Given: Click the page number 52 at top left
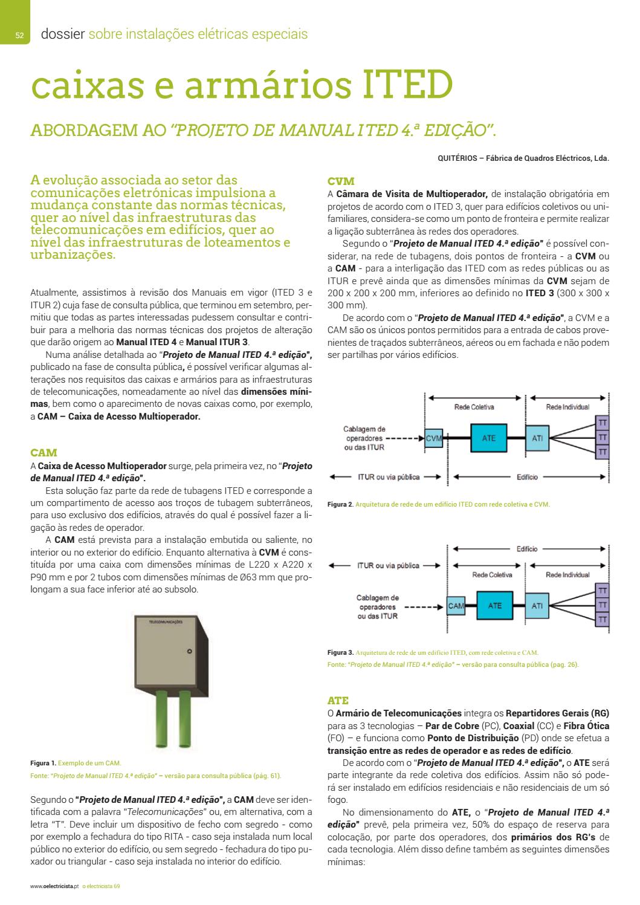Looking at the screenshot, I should pos(19,36).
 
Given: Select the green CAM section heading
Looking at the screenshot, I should pos(44,452).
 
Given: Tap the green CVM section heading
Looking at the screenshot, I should pos(341,181).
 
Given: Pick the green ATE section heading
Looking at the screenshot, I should pos(338,701).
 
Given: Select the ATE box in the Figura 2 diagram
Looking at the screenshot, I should pos(488,438).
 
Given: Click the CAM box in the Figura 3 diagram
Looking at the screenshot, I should pos(456,605).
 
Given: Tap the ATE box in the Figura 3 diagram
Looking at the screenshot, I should pos(494,605).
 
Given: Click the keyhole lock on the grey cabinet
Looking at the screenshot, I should pos(189,651).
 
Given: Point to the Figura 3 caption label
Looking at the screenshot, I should pos(340,652).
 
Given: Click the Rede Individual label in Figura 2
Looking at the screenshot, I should pos(567,407).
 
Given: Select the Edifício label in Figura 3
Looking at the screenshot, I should pos(527,549).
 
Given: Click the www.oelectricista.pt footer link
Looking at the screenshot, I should pos(54,886).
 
